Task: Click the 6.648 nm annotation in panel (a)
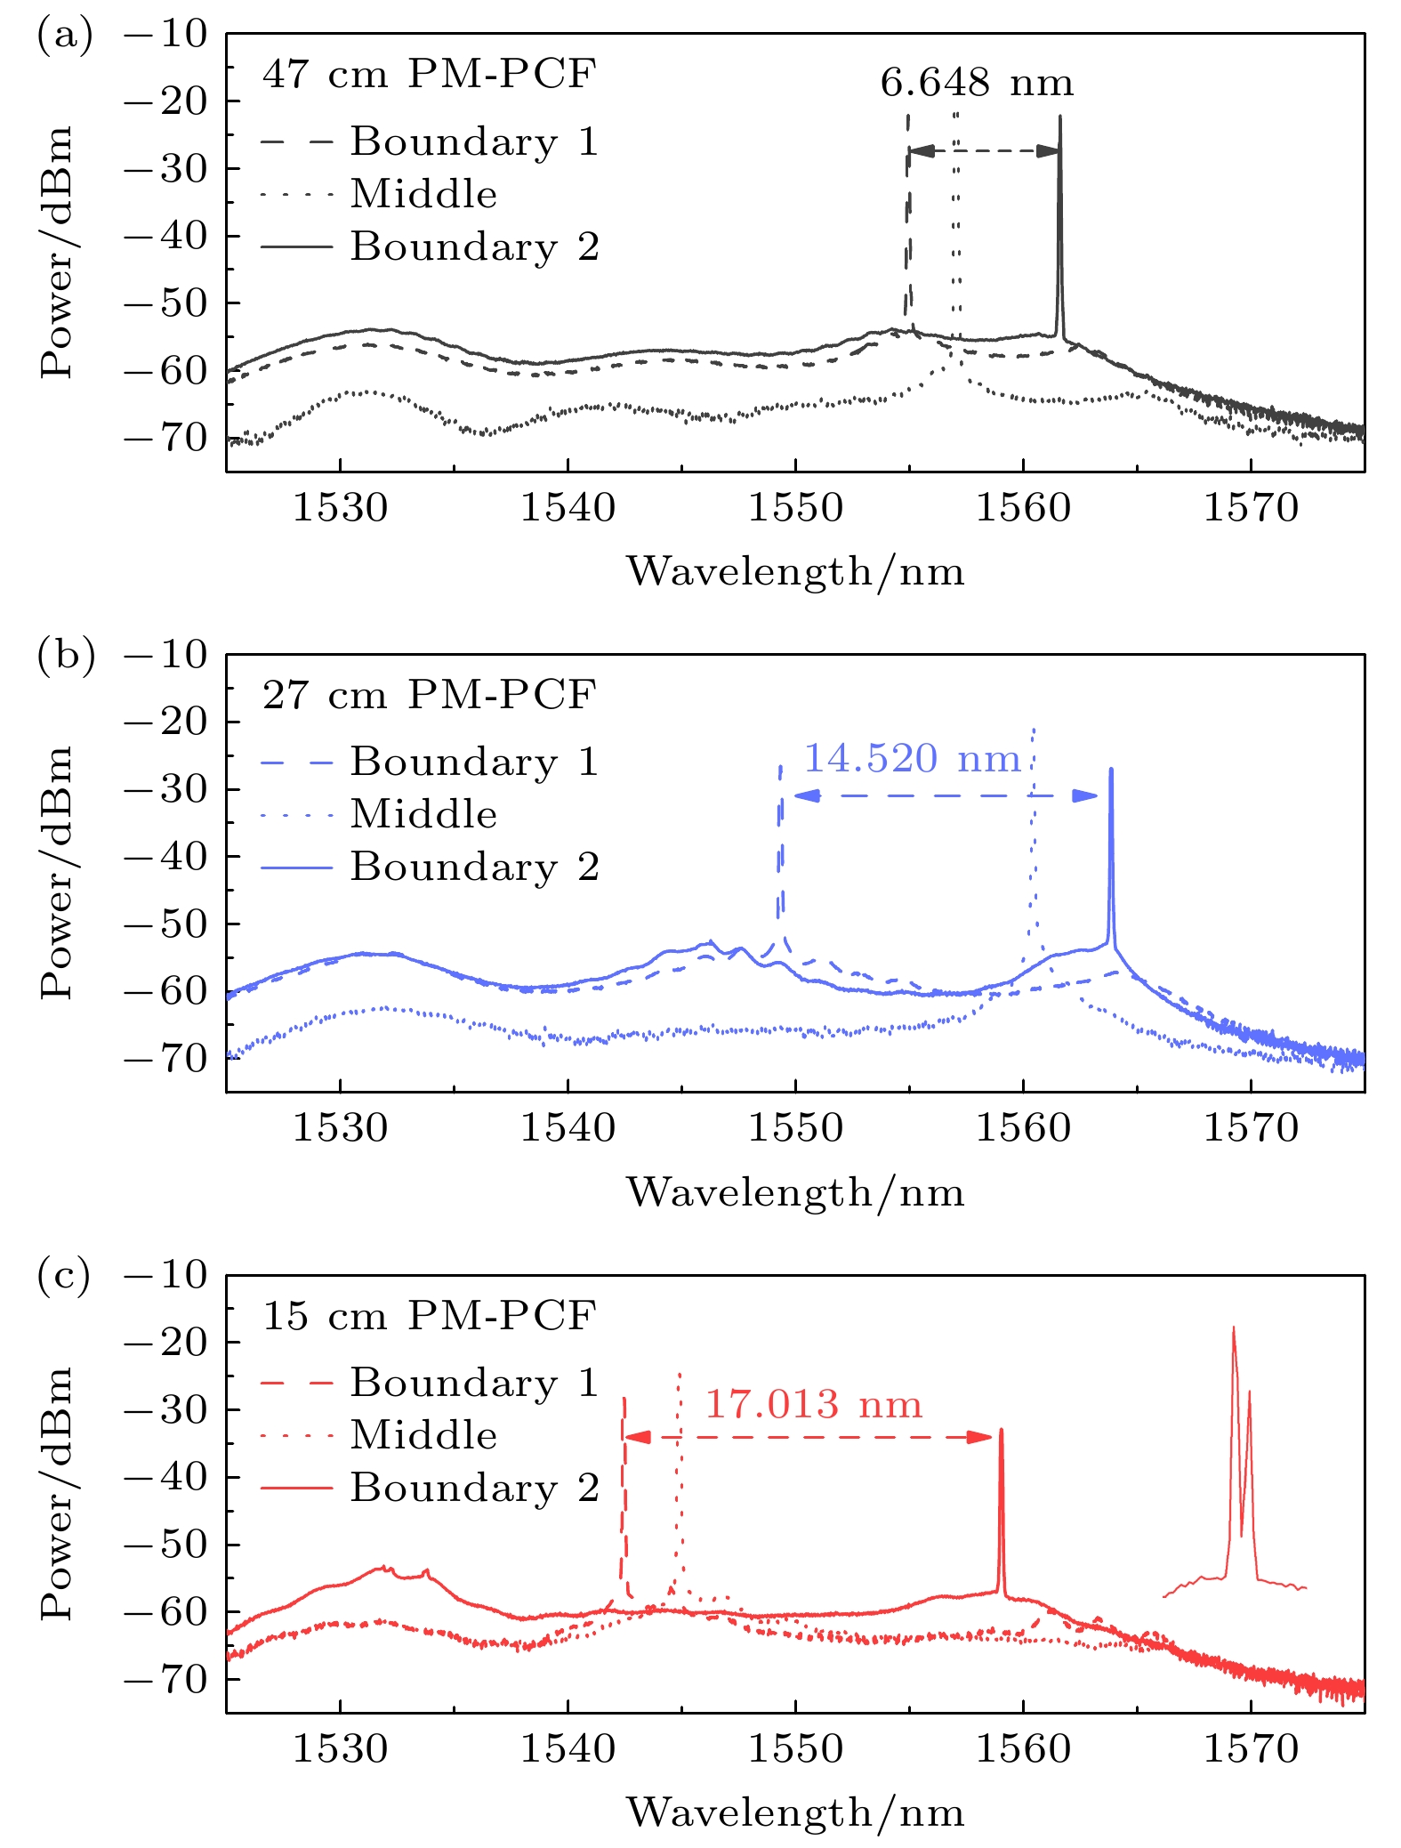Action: [x=977, y=83]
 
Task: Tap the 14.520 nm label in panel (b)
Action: [x=912, y=759]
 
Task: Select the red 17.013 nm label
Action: [x=813, y=1405]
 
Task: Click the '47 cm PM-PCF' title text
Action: [x=429, y=73]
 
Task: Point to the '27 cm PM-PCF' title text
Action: [x=429, y=694]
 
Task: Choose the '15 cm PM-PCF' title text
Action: [x=429, y=1315]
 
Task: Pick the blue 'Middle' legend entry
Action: [x=423, y=814]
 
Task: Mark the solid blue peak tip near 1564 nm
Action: [x=1111, y=770]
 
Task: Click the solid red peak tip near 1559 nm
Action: [x=1002, y=1431]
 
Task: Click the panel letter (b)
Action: [x=65, y=654]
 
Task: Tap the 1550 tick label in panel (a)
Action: [x=795, y=508]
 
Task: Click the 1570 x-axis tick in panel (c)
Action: [x=1251, y=1749]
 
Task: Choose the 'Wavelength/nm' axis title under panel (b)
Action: [x=795, y=1192]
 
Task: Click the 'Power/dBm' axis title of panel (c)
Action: [x=55, y=1495]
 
